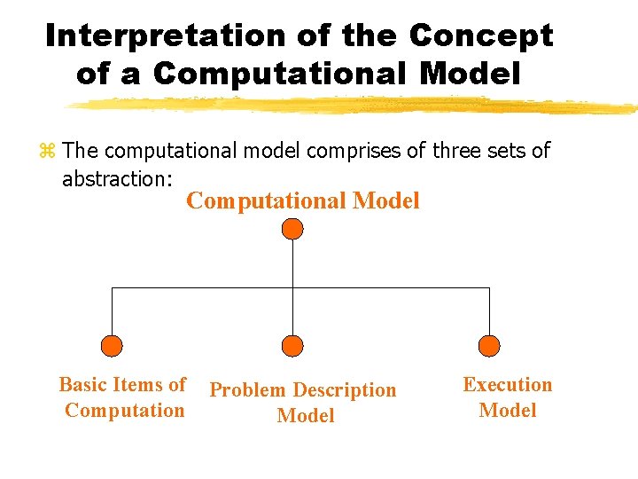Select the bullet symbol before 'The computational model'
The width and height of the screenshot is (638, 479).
[48, 152]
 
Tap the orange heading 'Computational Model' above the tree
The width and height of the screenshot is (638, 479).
[303, 201]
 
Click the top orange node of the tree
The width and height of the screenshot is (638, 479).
[292, 229]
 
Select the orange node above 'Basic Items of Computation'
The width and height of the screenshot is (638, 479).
[112, 346]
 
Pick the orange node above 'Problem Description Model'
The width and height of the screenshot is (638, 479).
[292, 346]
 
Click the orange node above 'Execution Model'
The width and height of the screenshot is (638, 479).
[489, 346]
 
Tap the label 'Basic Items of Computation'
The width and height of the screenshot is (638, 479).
[124, 397]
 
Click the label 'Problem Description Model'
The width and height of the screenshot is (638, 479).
[303, 403]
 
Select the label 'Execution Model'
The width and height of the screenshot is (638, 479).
[508, 397]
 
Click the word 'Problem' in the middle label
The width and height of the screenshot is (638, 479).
[247, 390]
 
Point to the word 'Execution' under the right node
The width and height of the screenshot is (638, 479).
[508, 385]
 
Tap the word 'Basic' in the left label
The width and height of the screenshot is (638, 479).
[82, 385]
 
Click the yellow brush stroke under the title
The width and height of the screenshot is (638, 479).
[354, 106]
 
